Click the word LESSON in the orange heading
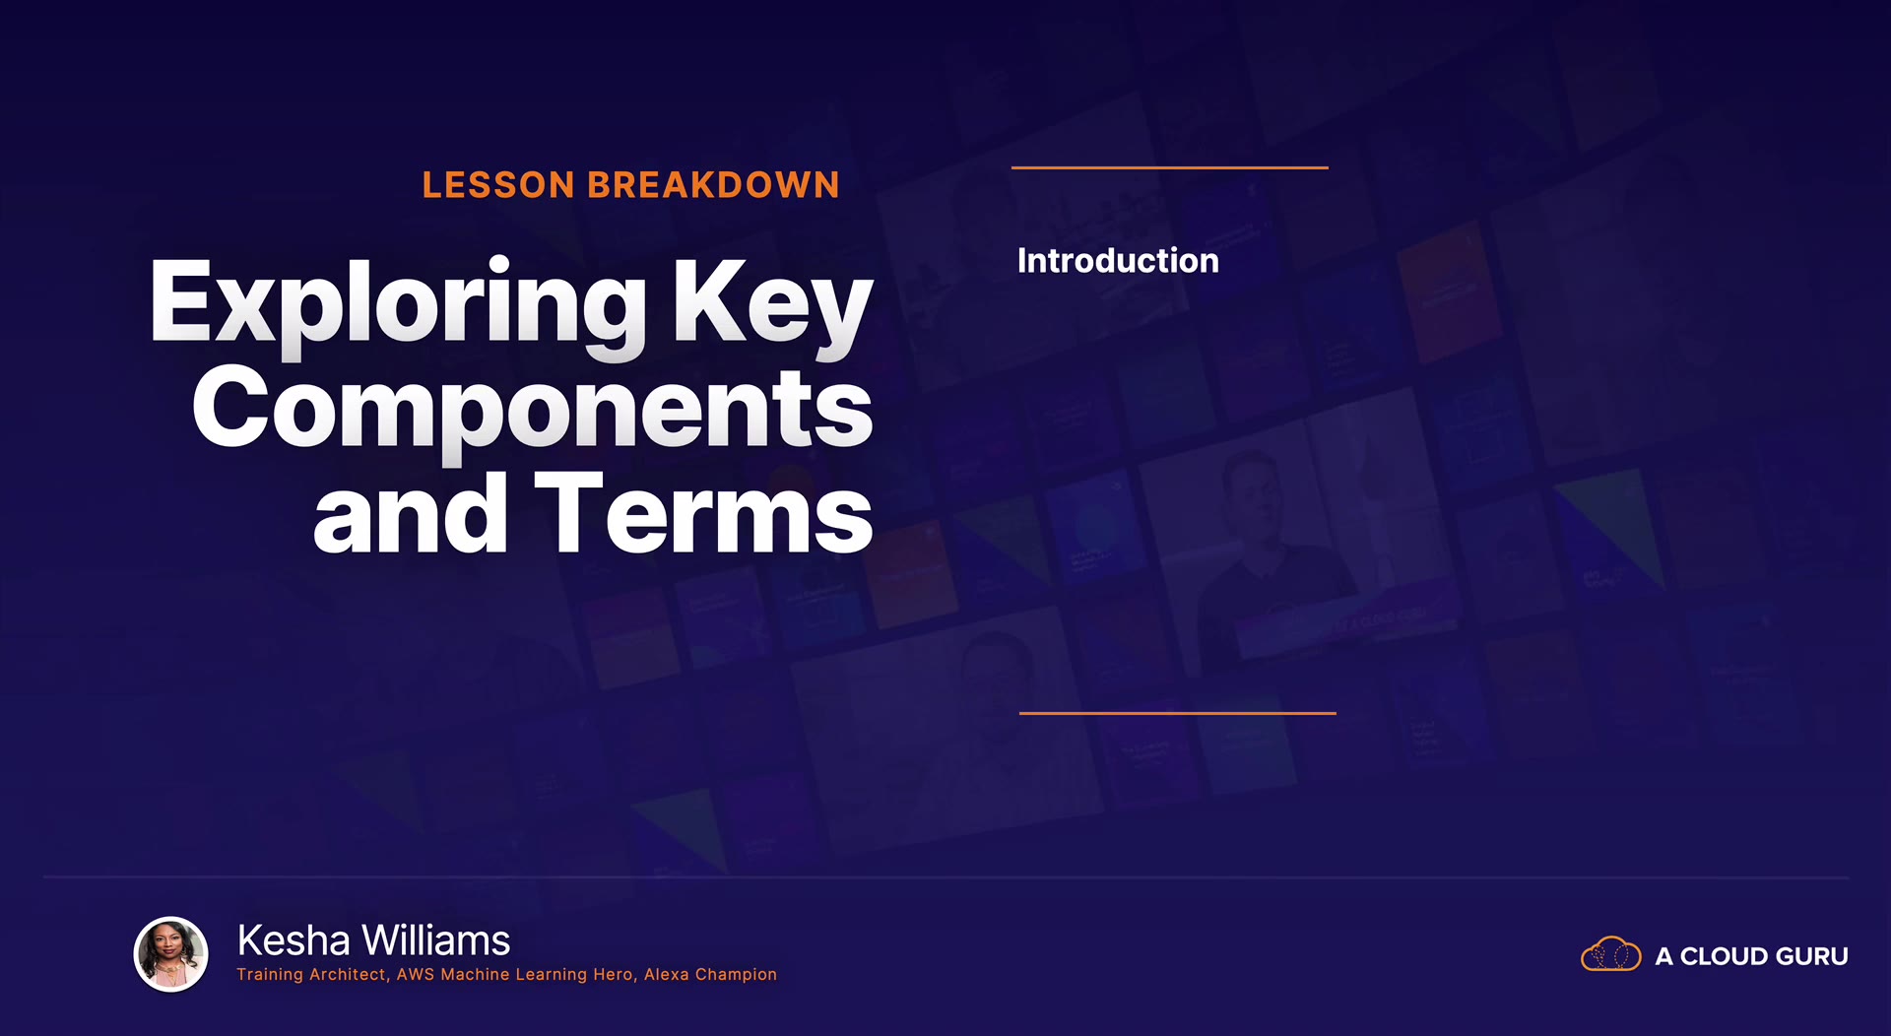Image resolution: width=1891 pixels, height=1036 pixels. tap(498, 185)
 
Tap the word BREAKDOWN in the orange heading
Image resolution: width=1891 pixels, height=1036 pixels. tap(714, 185)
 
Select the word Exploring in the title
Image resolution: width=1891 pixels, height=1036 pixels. tap(399, 306)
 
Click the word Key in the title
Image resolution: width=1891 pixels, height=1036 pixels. tap(772, 306)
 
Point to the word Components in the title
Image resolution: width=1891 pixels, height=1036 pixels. tap(533, 413)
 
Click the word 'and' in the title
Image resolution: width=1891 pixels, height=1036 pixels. tap(411, 513)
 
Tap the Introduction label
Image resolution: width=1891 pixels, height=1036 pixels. tap(1118, 261)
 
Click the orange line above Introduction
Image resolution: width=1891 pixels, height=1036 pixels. tap(1170, 167)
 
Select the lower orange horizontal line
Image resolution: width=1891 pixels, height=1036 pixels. tap(1178, 713)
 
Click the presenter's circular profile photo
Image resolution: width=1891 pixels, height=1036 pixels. tap(171, 954)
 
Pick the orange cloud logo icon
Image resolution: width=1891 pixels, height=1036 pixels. tap(1611, 954)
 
